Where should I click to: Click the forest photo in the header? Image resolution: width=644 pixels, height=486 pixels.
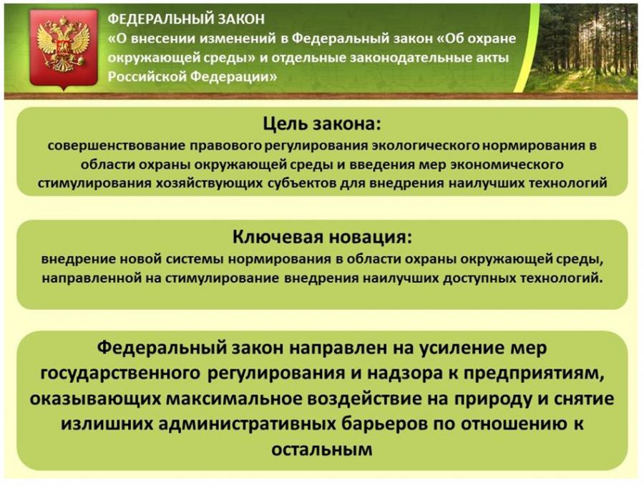click(583, 49)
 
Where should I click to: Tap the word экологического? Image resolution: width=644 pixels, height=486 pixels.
click(425, 146)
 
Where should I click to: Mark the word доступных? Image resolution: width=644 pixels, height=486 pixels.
click(479, 278)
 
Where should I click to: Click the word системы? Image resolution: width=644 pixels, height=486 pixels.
click(193, 259)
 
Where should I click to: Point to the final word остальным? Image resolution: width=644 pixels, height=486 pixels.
click(322, 449)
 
